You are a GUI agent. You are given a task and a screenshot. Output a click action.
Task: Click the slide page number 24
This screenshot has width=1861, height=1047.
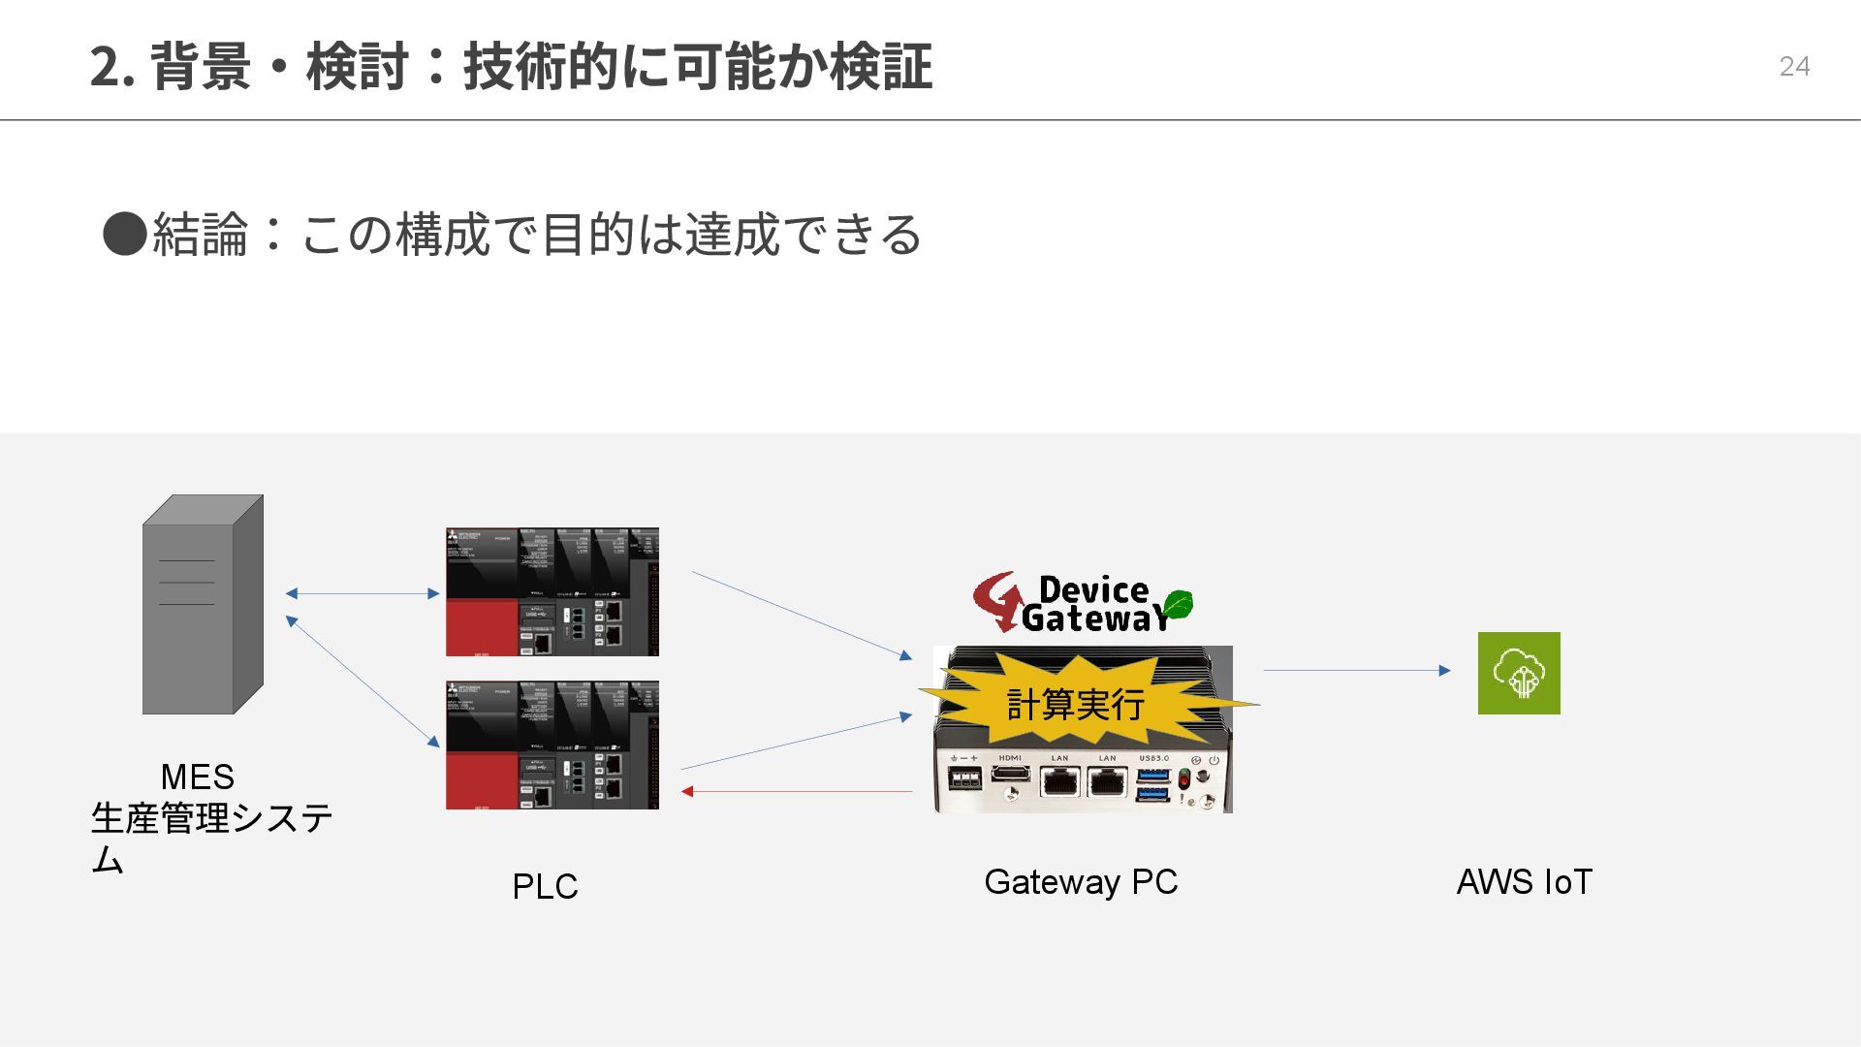click(x=1794, y=66)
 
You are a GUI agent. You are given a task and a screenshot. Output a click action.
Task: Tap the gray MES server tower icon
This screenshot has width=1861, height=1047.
click(x=203, y=605)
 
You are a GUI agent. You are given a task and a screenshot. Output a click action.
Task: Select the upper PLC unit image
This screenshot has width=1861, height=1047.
click(x=552, y=591)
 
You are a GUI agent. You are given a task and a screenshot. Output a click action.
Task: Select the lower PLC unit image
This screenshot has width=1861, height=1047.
click(x=552, y=745)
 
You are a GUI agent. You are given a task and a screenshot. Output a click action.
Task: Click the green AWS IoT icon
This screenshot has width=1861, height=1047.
click(x=1519, y=673)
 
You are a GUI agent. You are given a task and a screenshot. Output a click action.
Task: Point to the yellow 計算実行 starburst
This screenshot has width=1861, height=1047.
click(x=1076, y=704)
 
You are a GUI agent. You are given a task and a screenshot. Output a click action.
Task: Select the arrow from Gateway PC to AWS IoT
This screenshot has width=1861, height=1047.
click(x=1357, y=670)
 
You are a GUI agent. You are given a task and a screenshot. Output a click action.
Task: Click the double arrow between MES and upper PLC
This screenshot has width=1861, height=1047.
click(x=363, y=593)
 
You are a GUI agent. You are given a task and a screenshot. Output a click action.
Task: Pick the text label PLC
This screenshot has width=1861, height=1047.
click(x=545, y=886)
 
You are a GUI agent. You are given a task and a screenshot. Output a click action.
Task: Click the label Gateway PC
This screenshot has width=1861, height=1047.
click(x=1081, y=881)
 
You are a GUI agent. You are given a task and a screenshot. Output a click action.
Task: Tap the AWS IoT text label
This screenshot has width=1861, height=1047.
click(x=1524, y=881)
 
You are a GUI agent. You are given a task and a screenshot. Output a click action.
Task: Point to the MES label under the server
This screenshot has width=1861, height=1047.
click(x=197, y=777)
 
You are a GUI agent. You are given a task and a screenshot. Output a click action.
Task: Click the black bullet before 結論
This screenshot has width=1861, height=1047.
click(x=124, y=234)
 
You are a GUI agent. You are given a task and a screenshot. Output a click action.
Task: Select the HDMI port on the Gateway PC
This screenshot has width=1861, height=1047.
click(x=1011, y=773)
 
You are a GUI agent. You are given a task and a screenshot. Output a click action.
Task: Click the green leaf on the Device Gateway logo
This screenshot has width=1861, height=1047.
click(x=1178, y=604)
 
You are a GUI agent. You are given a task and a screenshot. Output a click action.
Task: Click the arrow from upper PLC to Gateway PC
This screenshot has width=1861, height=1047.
click(x=803, y=616)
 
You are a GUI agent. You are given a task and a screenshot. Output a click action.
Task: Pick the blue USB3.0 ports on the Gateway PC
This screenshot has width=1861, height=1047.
click(x=1152, y=784)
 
